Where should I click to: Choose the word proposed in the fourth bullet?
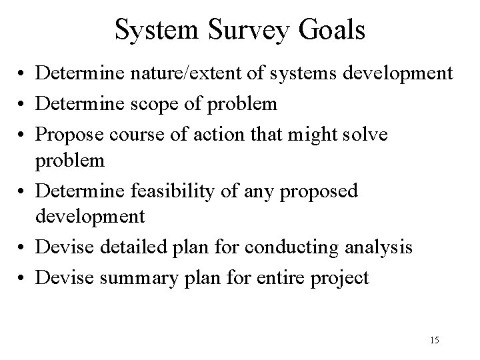[319, 191]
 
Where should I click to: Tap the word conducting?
[292, 248]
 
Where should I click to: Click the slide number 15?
[434, 341]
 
